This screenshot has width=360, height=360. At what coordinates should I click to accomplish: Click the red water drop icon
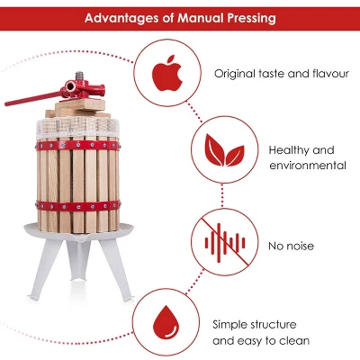(x=166, y=321)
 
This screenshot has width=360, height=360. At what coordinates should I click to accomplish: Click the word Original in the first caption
(x=234, y=72)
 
